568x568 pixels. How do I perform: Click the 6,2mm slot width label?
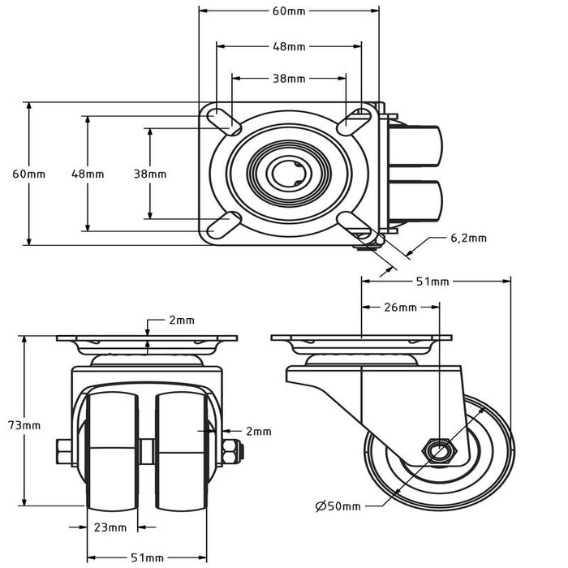pos(468,238)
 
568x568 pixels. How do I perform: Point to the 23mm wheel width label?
pos(110,527)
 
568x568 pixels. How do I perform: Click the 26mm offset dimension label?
pos(401,308)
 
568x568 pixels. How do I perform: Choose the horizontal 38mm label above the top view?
pos(289,79)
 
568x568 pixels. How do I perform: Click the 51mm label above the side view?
pos(432,282)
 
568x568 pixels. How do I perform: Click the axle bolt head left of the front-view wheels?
pos(62,450)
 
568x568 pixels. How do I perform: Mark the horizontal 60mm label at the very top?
pos(289,12)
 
